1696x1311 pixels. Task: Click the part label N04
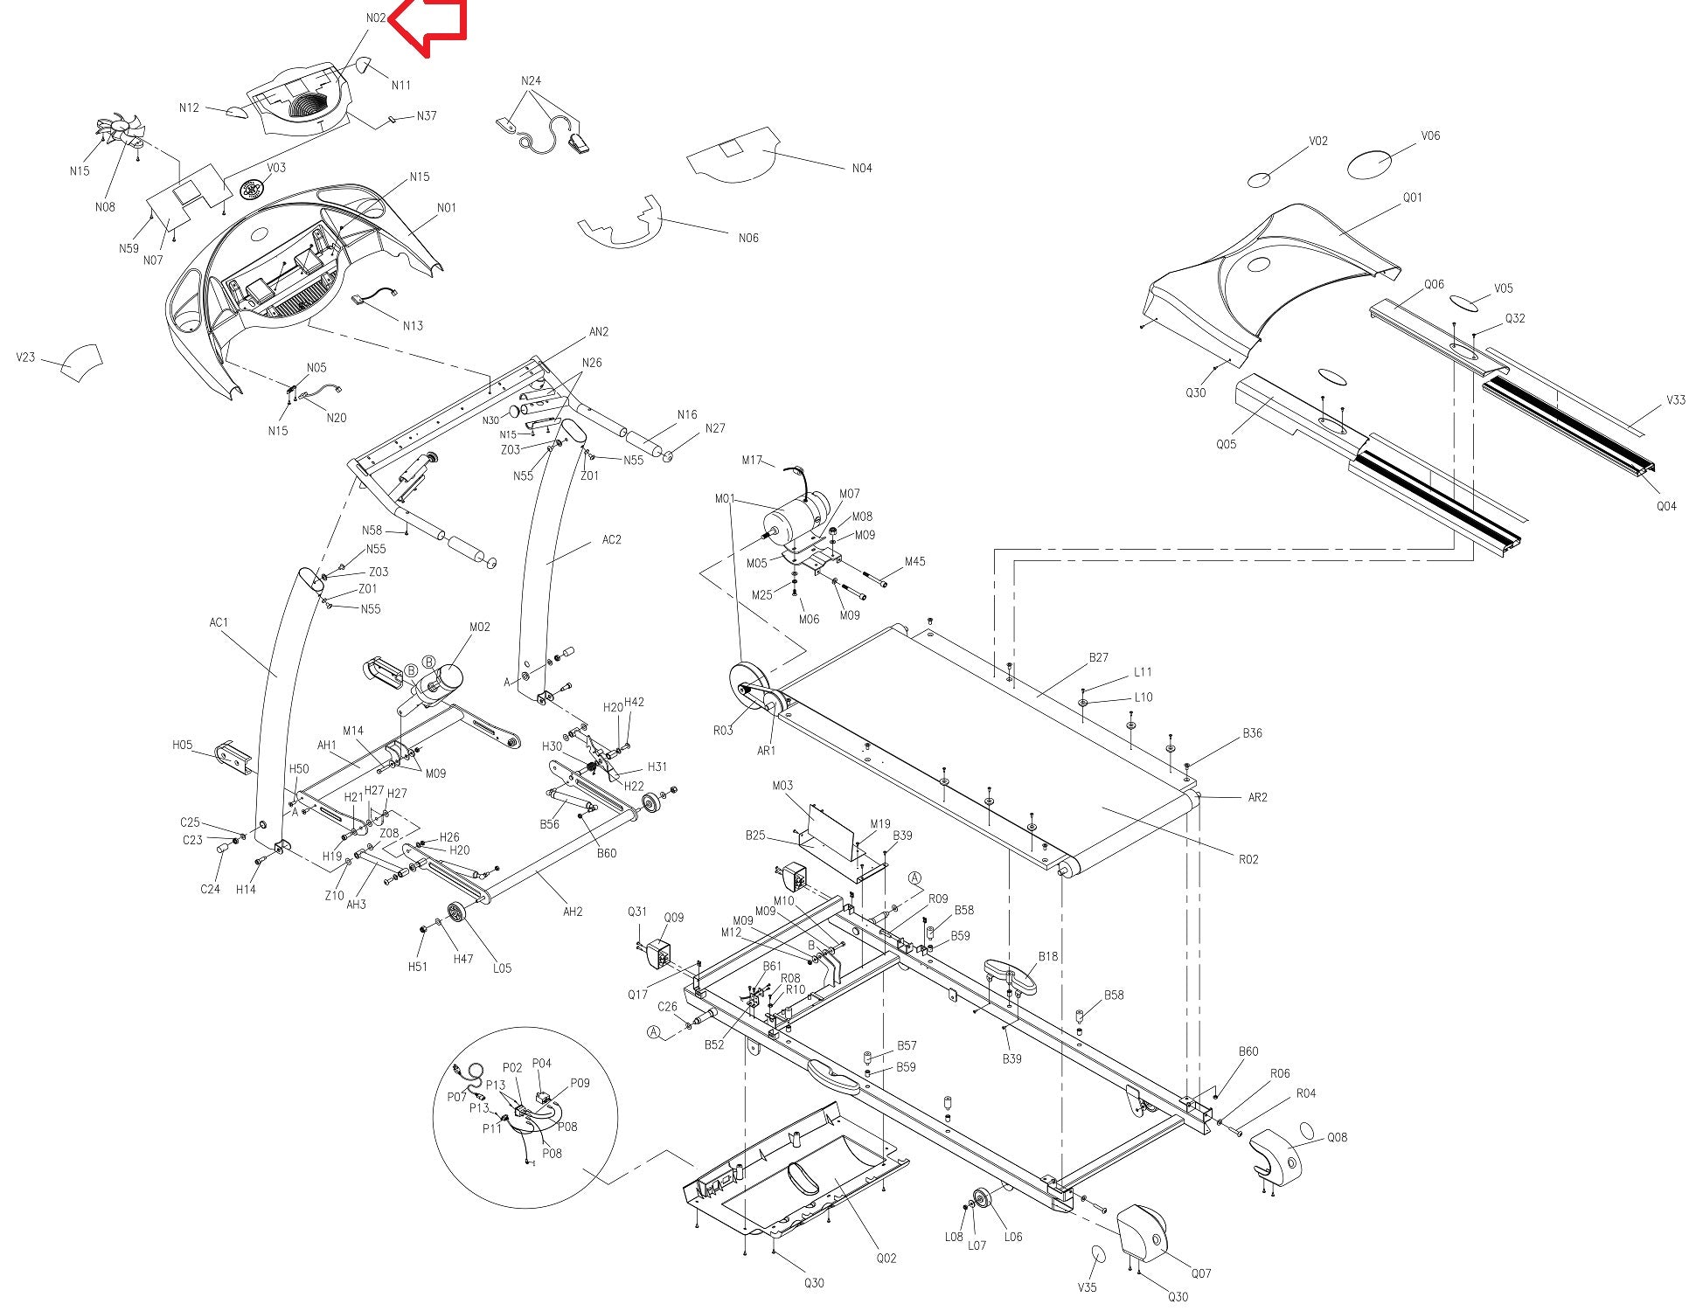coord(862,168)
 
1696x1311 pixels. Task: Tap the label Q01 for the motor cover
coord(1412,198)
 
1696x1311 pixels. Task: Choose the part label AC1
coord(219,623)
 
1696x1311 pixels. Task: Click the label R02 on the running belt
coord(1248,859)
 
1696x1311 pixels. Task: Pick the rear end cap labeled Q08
coord(1275,1155)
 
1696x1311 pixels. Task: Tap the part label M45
coord(914,561)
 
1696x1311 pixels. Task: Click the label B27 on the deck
coord(1098,657)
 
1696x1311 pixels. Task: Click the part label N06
coord(748,238)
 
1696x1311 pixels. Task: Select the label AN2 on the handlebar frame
coord(599,332)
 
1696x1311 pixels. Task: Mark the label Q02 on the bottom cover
coord(886,1258)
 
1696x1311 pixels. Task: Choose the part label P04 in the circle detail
coord(542,1064)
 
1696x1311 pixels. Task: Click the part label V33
coord(1675,399)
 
